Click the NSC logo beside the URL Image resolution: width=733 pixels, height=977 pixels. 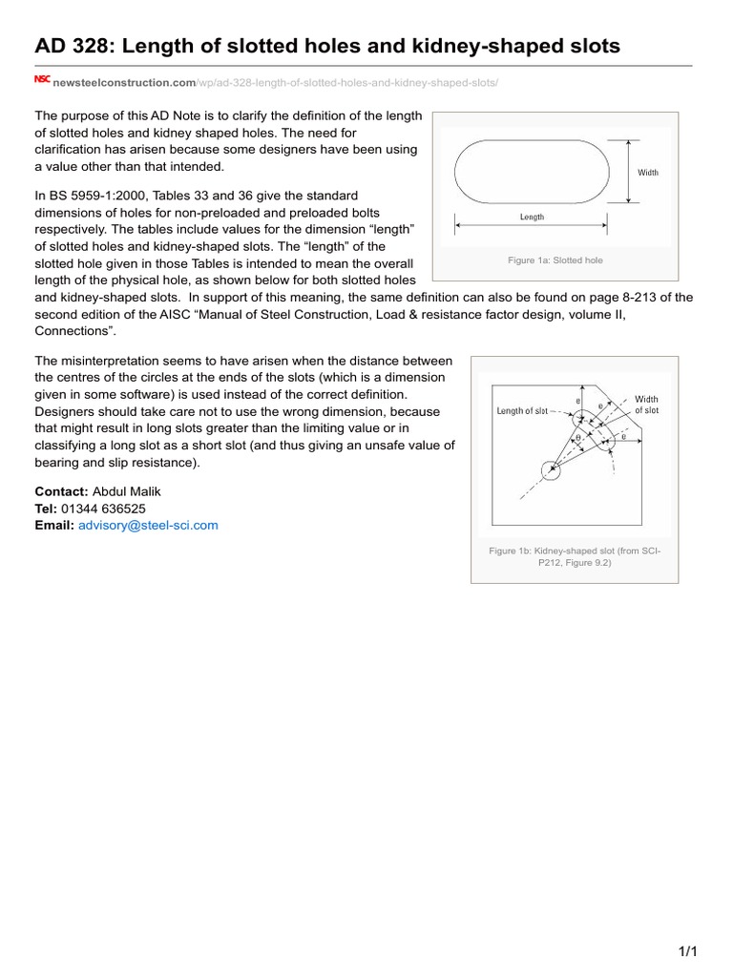point(42,80)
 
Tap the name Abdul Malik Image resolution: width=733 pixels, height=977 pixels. point(127,491)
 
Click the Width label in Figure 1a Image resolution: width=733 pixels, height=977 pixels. point(648,173)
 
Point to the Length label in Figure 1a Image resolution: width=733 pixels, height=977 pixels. point(532,218)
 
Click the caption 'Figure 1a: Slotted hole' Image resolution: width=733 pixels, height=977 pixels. point(555,260)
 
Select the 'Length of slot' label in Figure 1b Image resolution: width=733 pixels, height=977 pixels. point(522,411)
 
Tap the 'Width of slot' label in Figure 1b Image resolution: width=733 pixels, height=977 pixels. point(646,405)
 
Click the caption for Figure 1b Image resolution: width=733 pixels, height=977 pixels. point(574,557)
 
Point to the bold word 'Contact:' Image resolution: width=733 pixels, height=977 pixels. point(61,491)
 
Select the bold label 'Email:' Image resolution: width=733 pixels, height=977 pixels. point(54,525)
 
